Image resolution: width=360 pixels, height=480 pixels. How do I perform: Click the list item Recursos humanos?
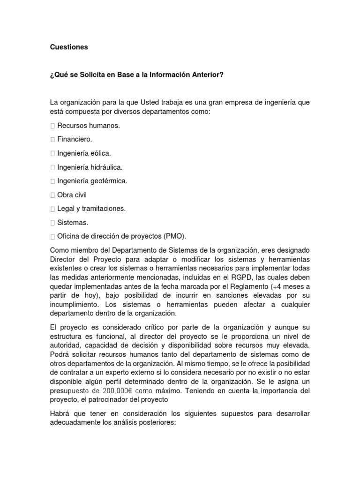[x=88, y=126]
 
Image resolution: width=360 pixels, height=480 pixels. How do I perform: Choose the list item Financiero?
[x=75, y=139]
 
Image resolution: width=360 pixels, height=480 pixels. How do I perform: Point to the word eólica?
[x=101, y=153]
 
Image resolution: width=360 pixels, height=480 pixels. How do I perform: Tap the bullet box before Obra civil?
[x=52, y=195]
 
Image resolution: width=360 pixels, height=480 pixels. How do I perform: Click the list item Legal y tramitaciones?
[x=91, y=208]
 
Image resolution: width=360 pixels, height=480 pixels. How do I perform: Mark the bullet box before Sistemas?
[x=52, y=222]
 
